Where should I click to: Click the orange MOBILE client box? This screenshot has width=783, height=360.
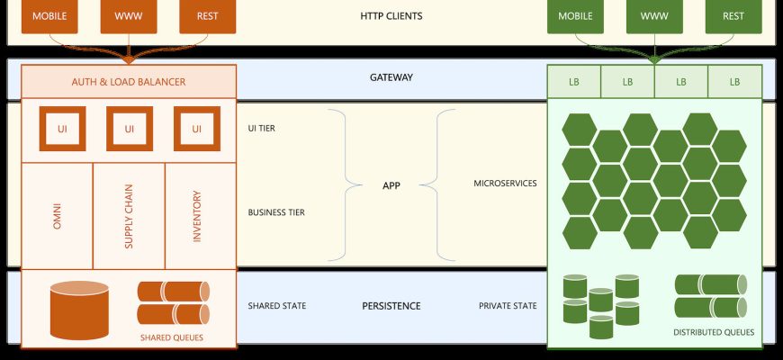click(49, 16)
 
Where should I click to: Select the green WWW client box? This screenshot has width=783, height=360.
click(654, 16)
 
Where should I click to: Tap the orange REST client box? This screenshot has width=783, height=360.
click(207, 16)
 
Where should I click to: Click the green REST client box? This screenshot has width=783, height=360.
click(733, 16)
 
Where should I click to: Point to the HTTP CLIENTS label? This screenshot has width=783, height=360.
click(391, 16)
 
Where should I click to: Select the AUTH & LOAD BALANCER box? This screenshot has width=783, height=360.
click(129, 82)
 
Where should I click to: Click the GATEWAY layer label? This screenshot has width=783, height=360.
click(391, 77)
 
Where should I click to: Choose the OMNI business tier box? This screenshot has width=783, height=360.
click(57, 216)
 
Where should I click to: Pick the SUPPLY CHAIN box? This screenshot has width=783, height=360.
click(129, 216)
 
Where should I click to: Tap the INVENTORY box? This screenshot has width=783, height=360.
click(201, 216)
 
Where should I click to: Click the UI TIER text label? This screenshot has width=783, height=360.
click(262, 129)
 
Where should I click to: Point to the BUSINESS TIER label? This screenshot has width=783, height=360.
click(276, 212)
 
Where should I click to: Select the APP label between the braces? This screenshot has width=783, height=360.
click(391, 185)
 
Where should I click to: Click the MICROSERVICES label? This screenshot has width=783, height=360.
click(506, 184)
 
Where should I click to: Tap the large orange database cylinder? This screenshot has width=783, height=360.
click(79, 310)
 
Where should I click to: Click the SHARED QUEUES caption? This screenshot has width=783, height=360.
click(172, 337)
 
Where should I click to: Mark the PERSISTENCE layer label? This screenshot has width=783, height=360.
click(391, 306)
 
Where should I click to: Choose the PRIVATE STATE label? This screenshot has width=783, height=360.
click(508, 306)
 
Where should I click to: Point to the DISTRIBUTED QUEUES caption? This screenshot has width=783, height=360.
click(714, 332)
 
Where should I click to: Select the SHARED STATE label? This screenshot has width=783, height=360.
click(277, 306)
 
